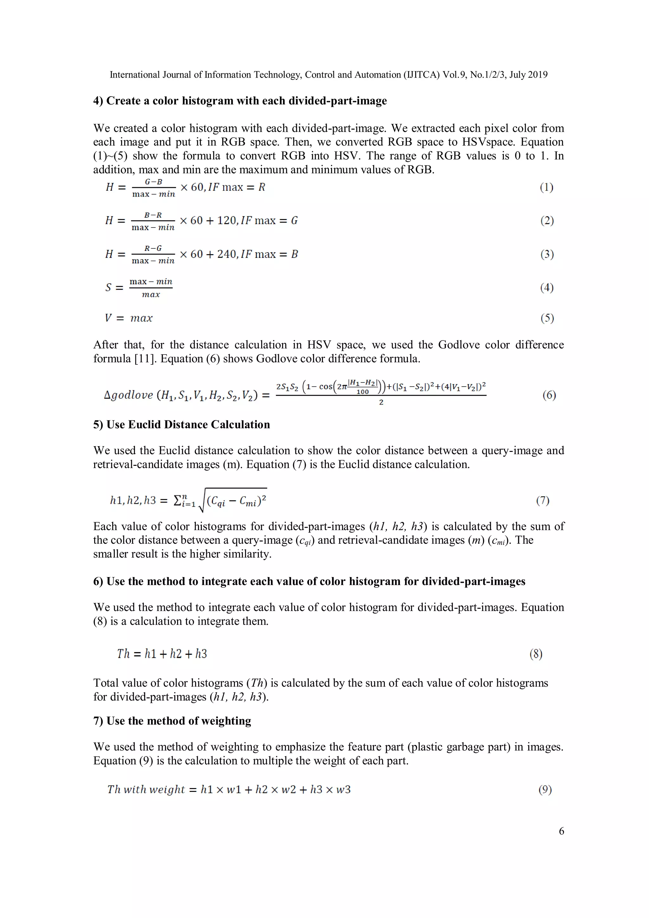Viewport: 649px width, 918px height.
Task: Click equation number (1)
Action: pos(546,187)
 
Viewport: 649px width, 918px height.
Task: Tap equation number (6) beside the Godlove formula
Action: pos(549,395)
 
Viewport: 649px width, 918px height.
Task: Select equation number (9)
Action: pos(545,790)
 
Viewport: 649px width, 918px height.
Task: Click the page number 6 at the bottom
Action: pos(562,831)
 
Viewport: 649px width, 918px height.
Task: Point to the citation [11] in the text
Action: pos(145,359)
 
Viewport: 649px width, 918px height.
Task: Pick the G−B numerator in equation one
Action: pos(154,182)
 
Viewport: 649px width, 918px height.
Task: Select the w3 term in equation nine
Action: pos(343,790)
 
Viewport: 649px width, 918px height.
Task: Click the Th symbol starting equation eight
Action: pos(123,654)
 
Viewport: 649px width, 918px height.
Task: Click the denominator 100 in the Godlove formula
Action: pos(362,392)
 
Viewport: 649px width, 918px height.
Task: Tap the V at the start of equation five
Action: pos(108,318)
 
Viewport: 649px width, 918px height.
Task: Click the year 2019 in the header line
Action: pos(537,75)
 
